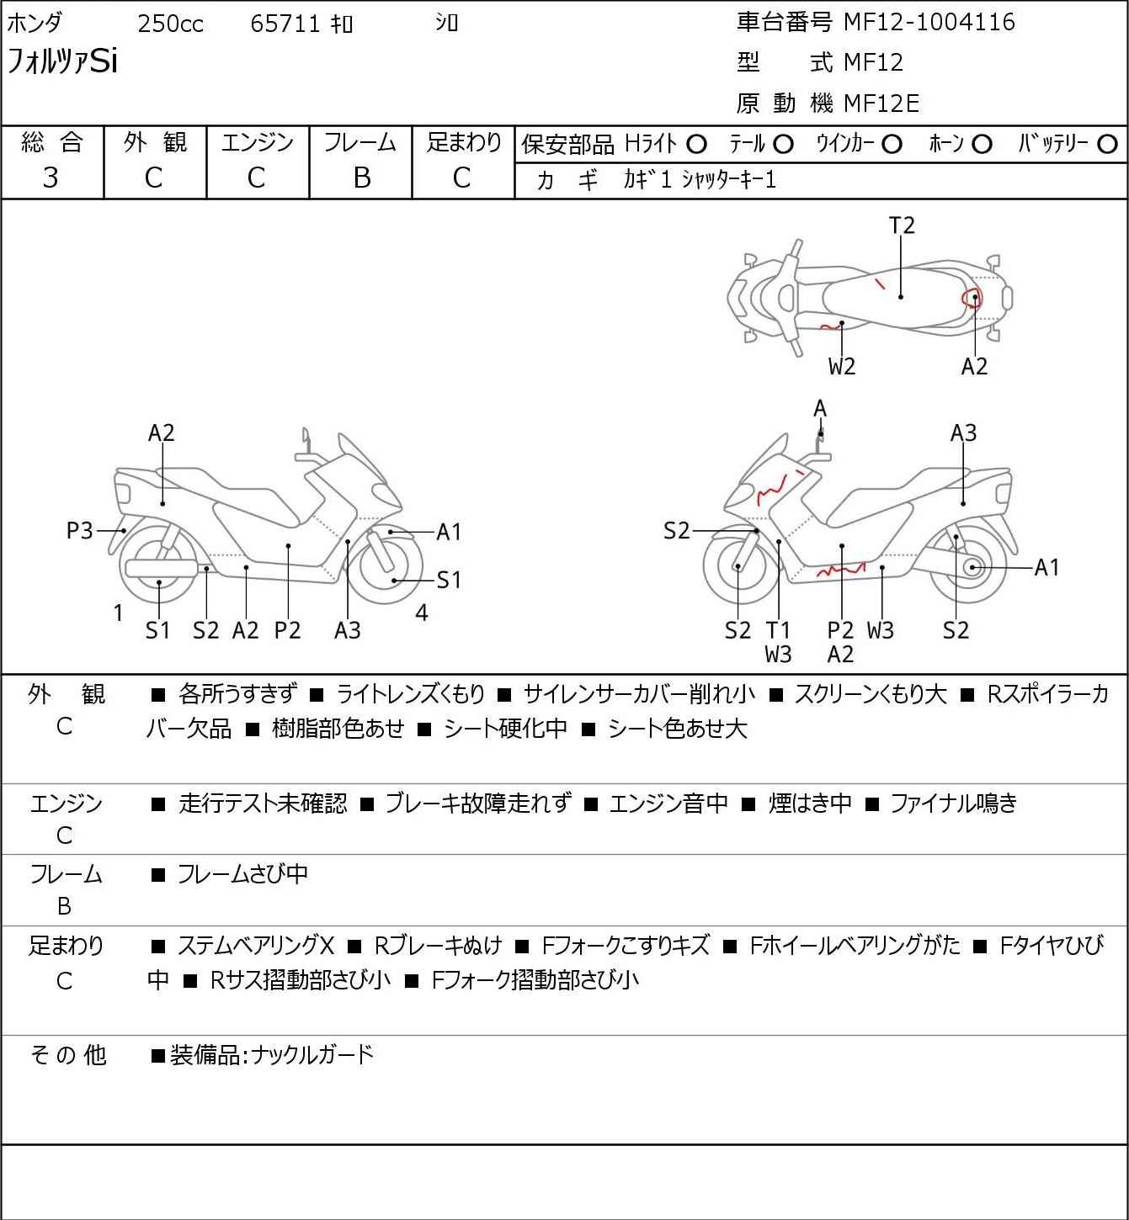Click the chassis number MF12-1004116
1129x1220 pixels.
pos(929,23)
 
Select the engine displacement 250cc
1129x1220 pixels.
pos(170,24)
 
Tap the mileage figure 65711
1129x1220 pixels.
pos(285,24)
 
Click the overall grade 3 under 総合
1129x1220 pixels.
pos(51,178)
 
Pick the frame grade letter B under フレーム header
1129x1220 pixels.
pos(361,178)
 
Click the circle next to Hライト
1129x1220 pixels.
pos(696,145)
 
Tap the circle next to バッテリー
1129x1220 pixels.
pos(1107,145)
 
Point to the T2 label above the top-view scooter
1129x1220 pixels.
pos(902,225)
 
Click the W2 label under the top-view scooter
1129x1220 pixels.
pos(842,366)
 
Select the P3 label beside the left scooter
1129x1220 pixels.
pos(79,530)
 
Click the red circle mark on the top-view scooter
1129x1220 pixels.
pos(972,299)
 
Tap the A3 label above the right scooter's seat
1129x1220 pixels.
pos(963,433)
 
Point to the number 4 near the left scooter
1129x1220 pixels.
pos(421,613)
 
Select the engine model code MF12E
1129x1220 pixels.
pos(881,103)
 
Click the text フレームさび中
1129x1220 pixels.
pos(242,873)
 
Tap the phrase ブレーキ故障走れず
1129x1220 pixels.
pos(478,803)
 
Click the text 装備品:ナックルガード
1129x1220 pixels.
pos(272,1055)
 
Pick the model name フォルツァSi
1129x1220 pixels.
pos(61,61)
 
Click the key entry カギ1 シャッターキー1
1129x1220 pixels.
pos(700,180)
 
